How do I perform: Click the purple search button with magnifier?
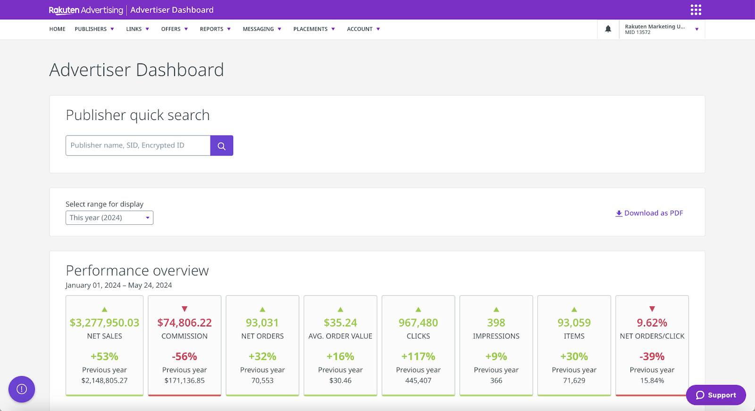click(221, 146)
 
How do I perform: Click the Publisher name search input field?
click(138, 146)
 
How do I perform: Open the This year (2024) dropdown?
click(109, 218)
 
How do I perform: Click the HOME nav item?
click(57, 29)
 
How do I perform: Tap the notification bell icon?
click(608, 29)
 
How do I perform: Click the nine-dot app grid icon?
click(696, 10)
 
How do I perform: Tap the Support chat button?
click(716, 395)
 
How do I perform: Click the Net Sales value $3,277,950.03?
click(104, 323)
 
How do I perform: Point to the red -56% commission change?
click(184, 356)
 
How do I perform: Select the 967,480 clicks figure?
click(418, 323)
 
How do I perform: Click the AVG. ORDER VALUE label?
click(340, 336)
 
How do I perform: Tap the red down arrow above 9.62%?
click(652, 309)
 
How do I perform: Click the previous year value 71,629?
click(574, 380)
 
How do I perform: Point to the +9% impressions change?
click(496, 356)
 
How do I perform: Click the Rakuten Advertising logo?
click(85, 10)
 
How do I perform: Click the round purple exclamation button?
click(22, 389)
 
